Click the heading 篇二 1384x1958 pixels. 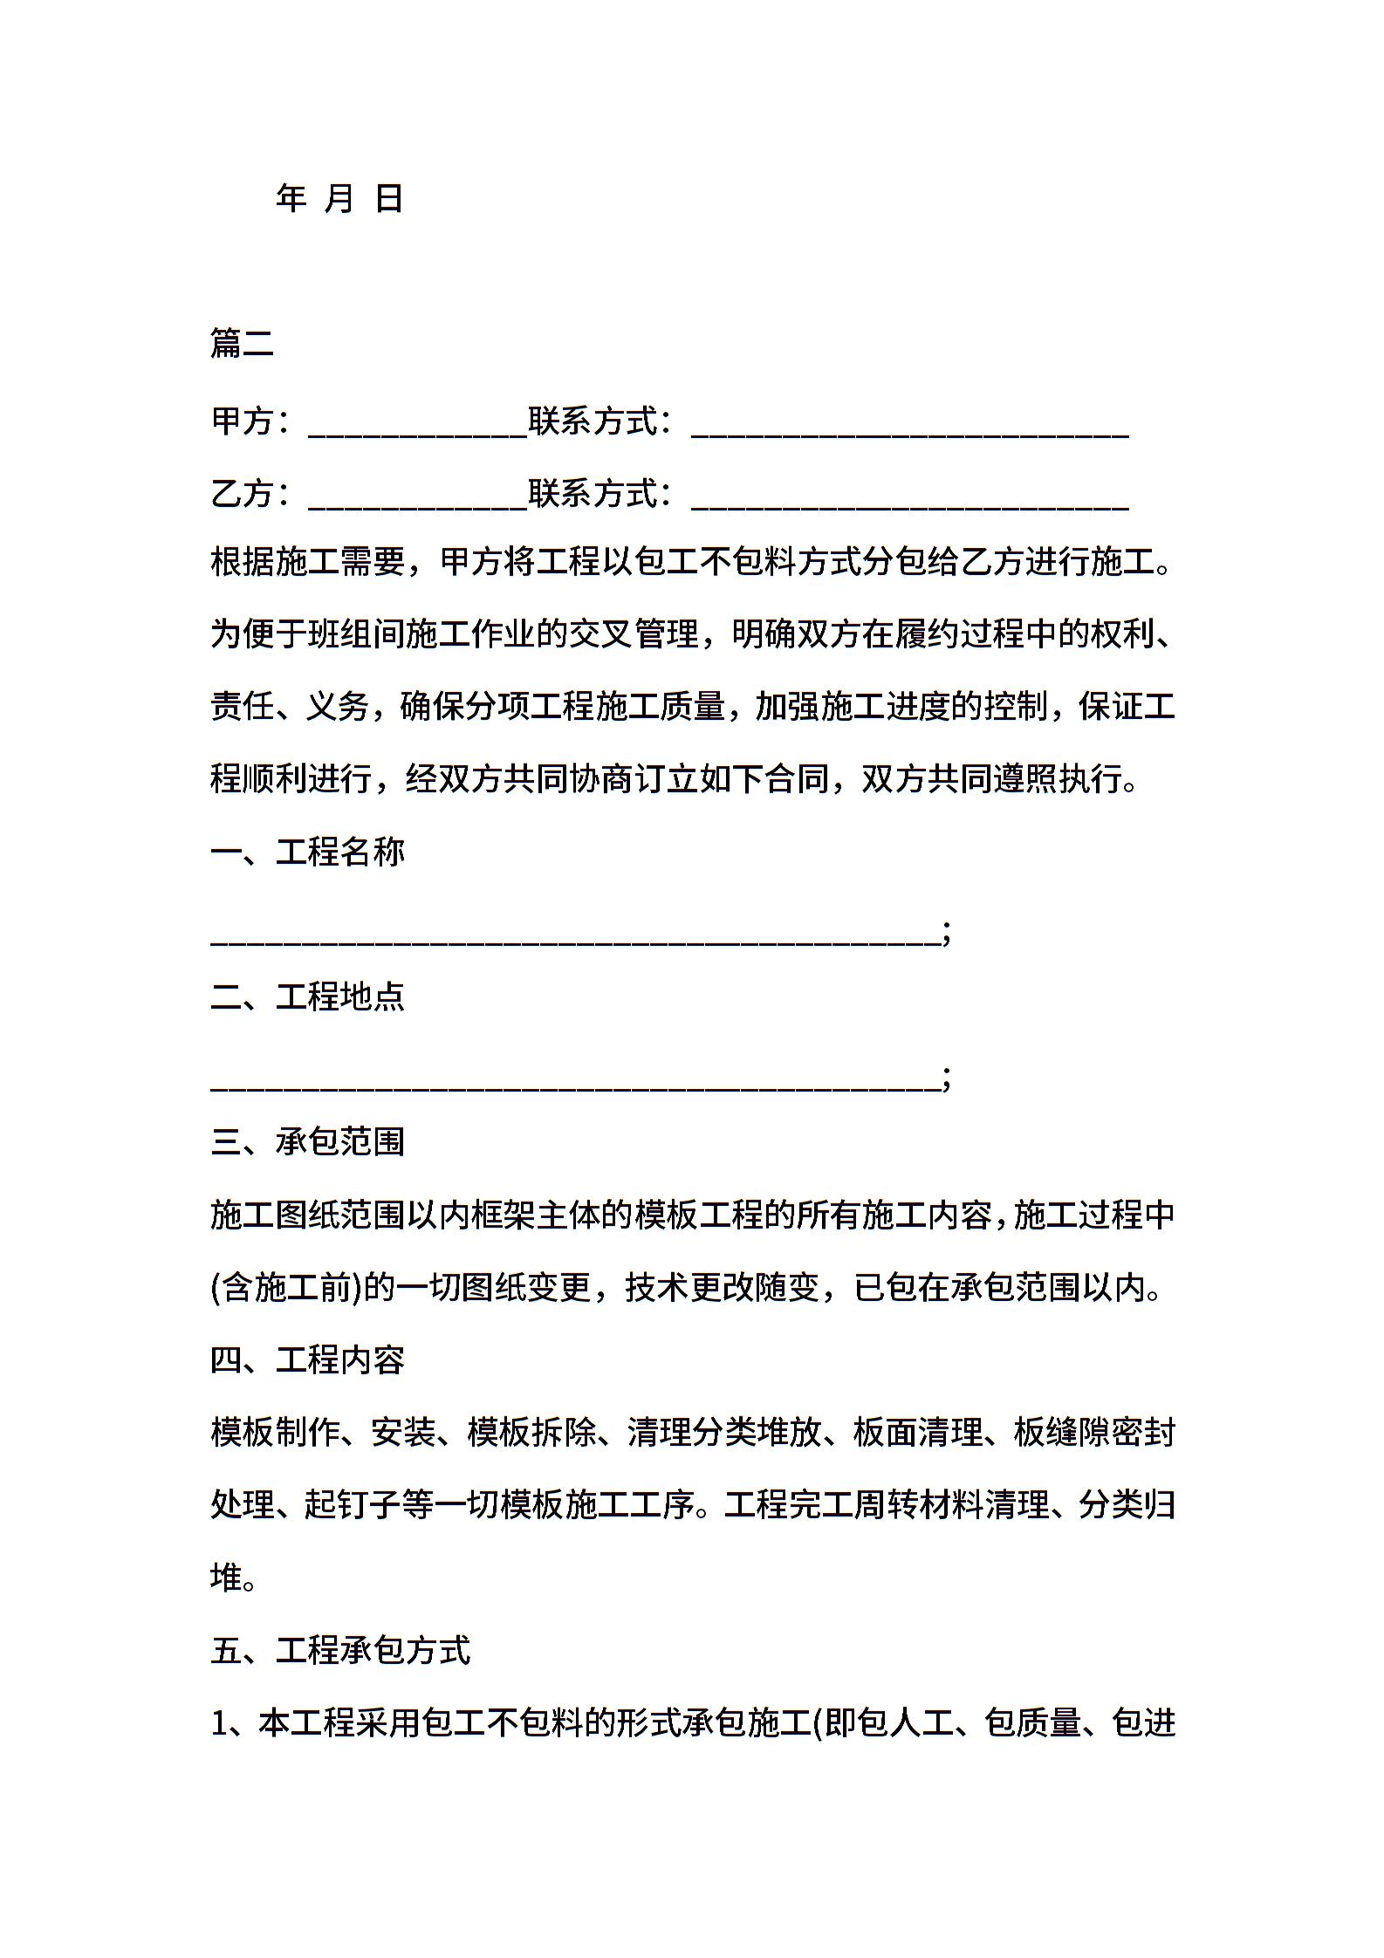(x=242, y=344)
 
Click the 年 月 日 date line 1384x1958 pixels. (x=339, y=199)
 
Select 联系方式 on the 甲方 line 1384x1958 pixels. (x=593, y=421)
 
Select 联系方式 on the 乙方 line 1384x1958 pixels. (x=593, y=494)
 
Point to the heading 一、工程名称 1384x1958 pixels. (x=308, y=852)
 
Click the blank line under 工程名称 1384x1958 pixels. (x=576, y=935)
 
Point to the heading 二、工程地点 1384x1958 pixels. (x=308, y=996)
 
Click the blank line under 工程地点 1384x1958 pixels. (x=576, y=1080)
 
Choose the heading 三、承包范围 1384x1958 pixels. (x=308, y=1141)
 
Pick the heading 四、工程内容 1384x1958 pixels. (x=308, y=1359)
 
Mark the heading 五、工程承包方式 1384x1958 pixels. (x=340, y=1650)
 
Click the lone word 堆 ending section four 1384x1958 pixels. (x=226, y=1578)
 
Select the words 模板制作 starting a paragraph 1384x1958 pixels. (x=275, y=1433)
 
